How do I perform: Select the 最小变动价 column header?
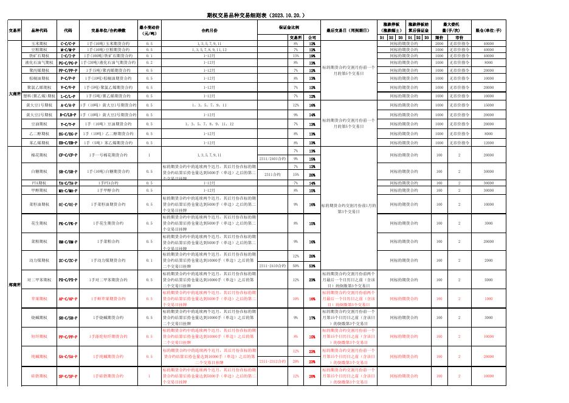pyautogui.click(x=150, y=30)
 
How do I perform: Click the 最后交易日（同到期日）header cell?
pyautogui.click(x=350, y=30)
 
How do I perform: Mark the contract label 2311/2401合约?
pyautogui.click(x=272, y=159)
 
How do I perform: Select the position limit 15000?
pyautogui.click(x=488, y=105)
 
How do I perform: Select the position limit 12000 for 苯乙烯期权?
pyautogui.click(x=488, y=142)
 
